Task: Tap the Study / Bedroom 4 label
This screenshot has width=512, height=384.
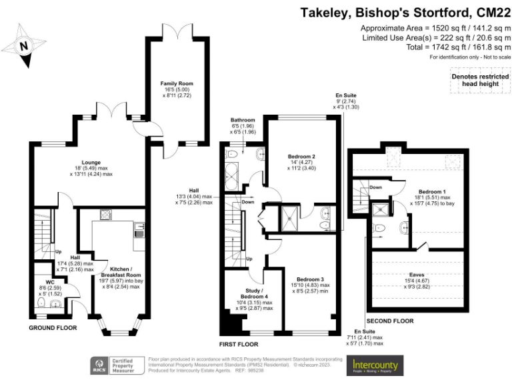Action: (245, 295)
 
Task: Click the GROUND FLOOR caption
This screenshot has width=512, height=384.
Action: (53, 327)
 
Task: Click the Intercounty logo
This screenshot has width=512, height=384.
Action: (375, 365)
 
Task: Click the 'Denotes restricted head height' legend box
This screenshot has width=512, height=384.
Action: (474, 79)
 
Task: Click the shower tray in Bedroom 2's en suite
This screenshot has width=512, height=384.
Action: (291, 215)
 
